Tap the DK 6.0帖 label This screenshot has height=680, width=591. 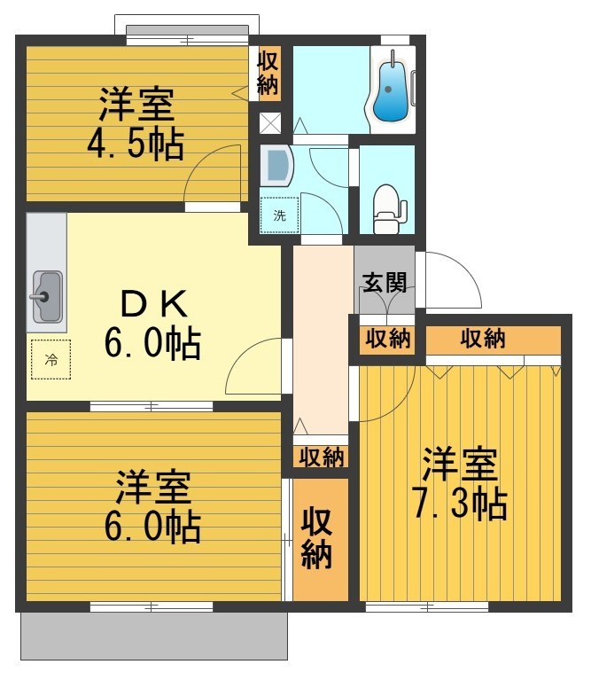click(152, 324)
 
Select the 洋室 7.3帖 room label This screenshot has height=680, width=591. click(458, 484)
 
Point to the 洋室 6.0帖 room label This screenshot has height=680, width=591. click(152, 508)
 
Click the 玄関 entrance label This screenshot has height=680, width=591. click(384, 283)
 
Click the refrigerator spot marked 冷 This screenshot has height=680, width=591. click(50, 360)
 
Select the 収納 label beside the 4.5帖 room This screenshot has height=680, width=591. click(268, 73)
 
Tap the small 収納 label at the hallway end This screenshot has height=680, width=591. click(320, 457)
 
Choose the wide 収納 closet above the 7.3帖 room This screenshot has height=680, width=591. click(484, 338)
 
